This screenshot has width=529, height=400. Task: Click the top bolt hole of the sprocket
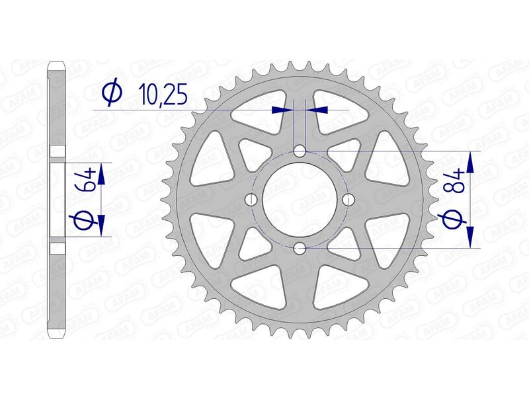(x=300, y=151)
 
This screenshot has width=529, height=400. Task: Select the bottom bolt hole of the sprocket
(x=300, y=248)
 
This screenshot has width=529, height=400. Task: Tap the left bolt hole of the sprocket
(x=251, y=200)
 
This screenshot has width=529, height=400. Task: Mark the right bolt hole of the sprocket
(x=348, y=200)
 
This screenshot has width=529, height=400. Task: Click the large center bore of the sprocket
(x=300, y=200)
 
